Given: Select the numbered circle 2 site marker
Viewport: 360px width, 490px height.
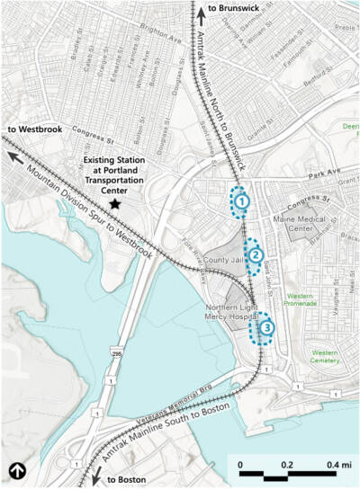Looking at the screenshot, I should (x=256, y=256).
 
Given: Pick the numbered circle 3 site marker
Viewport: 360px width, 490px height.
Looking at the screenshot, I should (x=266, y=329).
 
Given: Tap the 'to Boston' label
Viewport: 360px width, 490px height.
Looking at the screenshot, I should (x=123, y=480).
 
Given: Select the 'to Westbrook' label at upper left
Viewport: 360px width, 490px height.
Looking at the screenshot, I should (x=27, y=129).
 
